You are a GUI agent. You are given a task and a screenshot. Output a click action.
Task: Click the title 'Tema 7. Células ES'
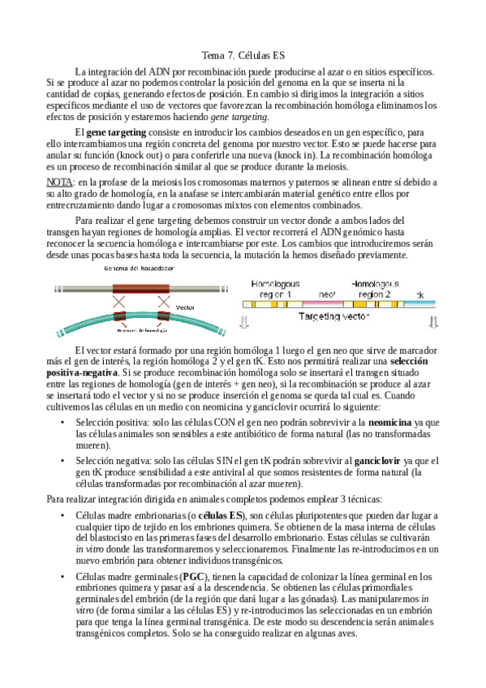[x=243, y=56]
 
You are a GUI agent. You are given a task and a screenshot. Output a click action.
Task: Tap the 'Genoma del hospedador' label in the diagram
[x=134, y=269]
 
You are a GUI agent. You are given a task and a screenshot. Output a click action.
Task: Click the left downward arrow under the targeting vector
[x=245, y=323]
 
